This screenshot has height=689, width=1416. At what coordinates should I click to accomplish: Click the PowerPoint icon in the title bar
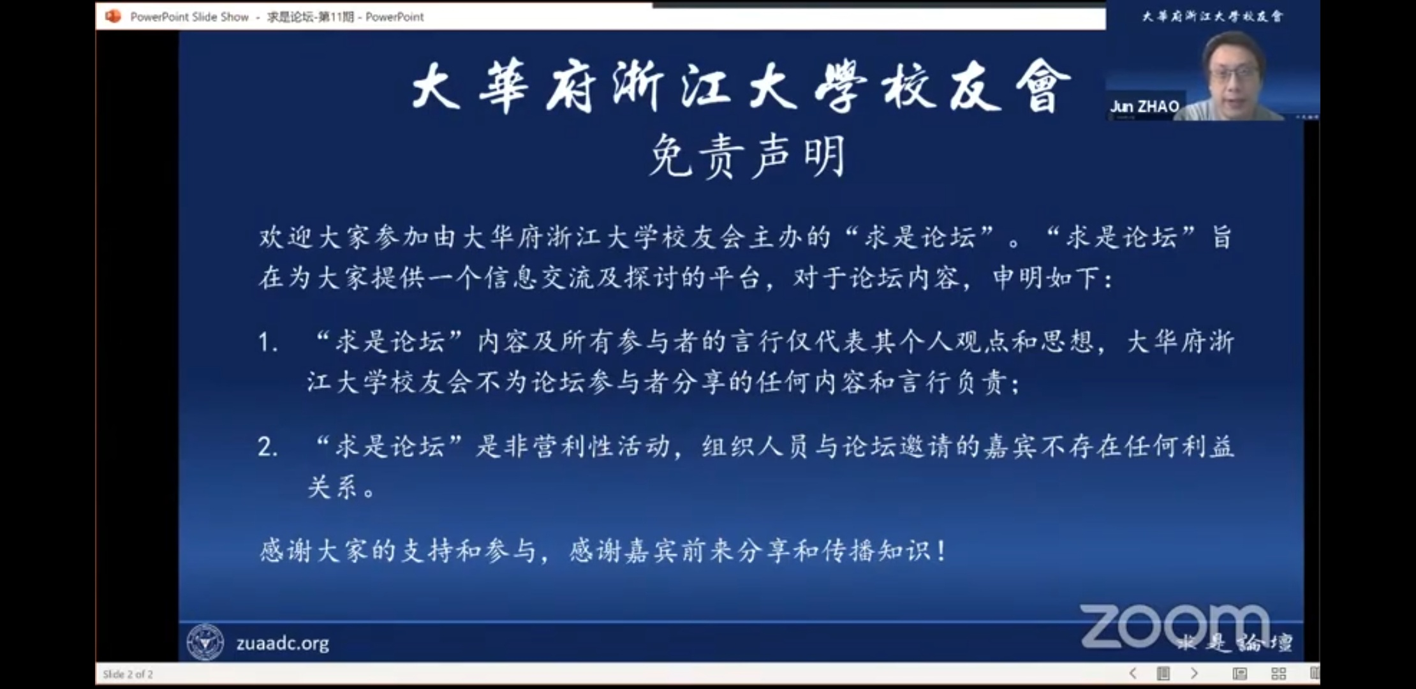tap(113, 17)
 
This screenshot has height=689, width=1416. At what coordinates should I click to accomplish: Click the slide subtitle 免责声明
tap(747, 156)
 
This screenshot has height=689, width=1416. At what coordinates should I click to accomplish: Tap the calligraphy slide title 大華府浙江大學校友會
tap(742, 86)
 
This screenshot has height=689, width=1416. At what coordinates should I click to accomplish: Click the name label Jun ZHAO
tap(1144, 107)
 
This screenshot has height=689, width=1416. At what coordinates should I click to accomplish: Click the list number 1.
tap(267, 343)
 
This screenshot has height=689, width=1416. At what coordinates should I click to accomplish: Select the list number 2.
tap(267, 447)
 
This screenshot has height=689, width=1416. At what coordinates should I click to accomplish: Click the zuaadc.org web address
tap(283, 643)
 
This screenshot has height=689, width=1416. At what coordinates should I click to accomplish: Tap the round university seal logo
tap(205, 642)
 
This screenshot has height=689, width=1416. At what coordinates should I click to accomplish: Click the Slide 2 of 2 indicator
tap(128, 674)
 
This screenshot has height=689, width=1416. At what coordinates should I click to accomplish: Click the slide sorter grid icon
tap(1278, 674)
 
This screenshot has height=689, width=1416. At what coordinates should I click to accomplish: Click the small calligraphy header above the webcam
tap(1212, 16)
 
